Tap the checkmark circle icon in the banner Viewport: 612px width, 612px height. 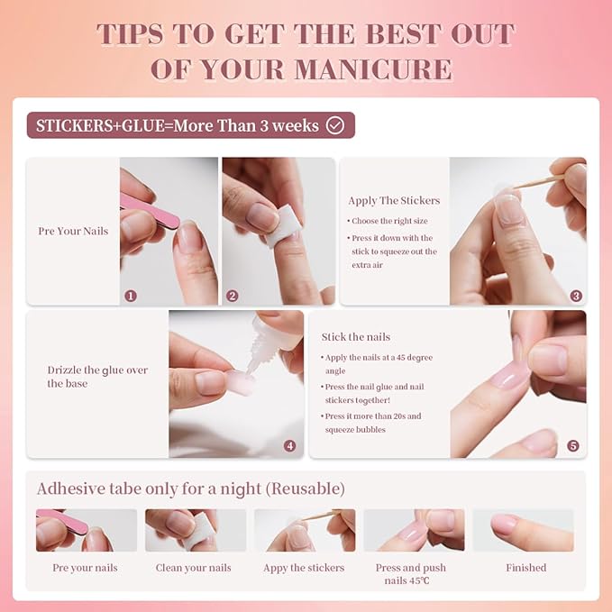(x=335, y=125)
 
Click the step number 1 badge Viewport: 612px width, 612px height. (x=131, y=296)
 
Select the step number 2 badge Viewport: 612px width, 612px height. (x=233, y=296)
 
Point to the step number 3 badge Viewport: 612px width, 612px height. (x=576, y=296)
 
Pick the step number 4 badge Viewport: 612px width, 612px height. (x=289, y=446)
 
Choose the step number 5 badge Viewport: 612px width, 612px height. (x=573, y=446)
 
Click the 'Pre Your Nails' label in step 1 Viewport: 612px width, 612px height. (x=73, y=231)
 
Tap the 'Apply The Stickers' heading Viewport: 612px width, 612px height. (x=394, y=200)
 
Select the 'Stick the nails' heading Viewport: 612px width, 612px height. (x=356, y=337)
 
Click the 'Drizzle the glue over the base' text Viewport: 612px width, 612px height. (x=97, y=377)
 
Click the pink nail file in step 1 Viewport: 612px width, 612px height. (x=150, y=210)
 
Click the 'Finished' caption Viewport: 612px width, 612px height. (x=525, y=568)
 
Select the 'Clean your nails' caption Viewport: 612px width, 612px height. (x=194, y=568)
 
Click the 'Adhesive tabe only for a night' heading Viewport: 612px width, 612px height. (x=190, y=489)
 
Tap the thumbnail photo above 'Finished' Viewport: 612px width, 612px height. (x=523, y=530)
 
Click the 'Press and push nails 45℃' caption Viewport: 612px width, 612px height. (x=411, y=574)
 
